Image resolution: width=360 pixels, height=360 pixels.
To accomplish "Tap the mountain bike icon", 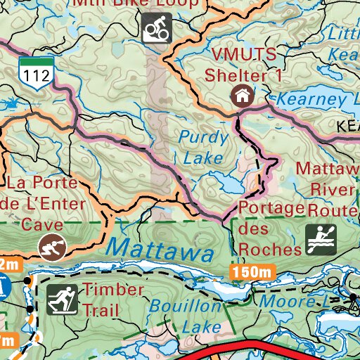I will pos(157,30).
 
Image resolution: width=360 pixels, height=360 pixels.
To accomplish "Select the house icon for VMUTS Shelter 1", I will pos(242,95).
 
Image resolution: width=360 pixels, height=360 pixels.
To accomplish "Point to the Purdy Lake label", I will pos(202,148).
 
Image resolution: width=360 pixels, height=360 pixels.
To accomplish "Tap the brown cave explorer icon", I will pos(49,247).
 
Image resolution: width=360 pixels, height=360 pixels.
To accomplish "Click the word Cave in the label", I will pos(41,225).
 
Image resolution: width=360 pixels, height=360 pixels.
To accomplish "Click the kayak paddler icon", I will pos(321,240).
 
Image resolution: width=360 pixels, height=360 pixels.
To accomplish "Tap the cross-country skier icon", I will pos(62,300).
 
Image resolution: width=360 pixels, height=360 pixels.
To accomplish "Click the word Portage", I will pos(271,209).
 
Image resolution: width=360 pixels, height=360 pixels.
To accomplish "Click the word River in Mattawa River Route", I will pos(334,190).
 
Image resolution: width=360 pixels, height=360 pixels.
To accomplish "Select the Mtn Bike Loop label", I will pos(141,4).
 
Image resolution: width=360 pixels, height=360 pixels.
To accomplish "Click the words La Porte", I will pos(44,185).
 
